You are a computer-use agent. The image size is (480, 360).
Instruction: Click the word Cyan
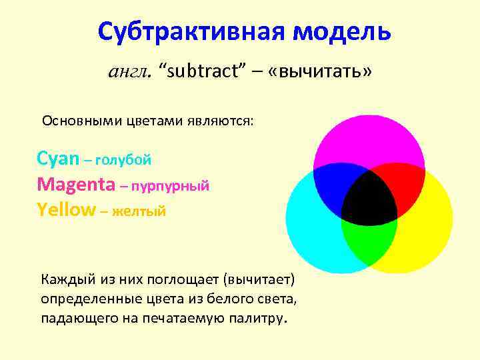[x=58, y=159]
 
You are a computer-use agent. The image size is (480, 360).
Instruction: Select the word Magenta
[x=76, y=184]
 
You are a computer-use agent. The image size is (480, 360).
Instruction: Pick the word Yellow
[x=67, y=209]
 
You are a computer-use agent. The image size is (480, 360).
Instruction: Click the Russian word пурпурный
[x=170, y=185]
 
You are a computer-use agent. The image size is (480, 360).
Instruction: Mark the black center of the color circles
[x=369, y=198]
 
